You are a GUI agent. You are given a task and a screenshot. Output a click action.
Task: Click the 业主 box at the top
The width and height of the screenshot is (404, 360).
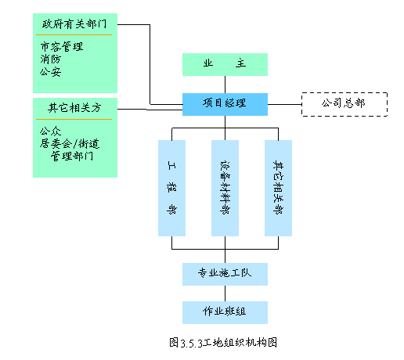[x=225, y=64]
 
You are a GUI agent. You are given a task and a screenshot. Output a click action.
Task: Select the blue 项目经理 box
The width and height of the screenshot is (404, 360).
[x=225, y=104]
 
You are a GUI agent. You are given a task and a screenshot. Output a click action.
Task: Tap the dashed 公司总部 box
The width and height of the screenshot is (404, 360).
[x=344, y=104]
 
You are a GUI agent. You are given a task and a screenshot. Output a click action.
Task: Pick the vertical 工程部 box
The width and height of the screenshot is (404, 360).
[x=171, y=188]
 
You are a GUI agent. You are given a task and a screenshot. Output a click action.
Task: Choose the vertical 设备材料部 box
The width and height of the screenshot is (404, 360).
[x=225, y=188]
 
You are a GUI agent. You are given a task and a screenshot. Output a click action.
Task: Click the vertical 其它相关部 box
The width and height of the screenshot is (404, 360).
[x=278, y=188]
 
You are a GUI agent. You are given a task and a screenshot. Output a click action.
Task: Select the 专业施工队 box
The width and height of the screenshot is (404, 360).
[x=225, y=274]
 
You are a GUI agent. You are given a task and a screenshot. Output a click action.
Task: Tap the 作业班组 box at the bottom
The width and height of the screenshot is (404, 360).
[x=225, y=312]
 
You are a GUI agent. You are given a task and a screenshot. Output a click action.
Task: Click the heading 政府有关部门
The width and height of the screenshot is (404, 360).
[x=74, y=24]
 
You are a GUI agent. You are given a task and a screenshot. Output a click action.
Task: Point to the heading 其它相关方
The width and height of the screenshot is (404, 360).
[x=74, y=108]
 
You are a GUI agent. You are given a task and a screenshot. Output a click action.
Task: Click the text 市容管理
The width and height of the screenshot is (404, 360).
[x=62, y=47]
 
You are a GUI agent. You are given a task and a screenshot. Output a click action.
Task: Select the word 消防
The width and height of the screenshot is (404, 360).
[x=51, y=59]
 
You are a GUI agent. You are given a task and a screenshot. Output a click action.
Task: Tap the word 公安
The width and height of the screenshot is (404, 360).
[x=51, y=71]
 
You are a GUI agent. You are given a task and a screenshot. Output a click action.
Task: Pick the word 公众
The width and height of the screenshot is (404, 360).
[x=51, y=131]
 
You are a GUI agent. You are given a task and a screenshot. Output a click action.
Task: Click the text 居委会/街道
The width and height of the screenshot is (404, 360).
[x=70, y=143]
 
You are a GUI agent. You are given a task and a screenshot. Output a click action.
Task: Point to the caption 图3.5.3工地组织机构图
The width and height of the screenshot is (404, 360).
[x=223, y=343]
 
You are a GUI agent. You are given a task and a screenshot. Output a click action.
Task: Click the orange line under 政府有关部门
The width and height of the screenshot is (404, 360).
[x=74, y=34]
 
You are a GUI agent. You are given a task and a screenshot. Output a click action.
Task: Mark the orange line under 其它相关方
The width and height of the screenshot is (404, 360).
[x=74, y=120]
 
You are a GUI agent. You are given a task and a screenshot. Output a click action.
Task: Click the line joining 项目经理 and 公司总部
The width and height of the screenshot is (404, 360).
[x=285, y=104]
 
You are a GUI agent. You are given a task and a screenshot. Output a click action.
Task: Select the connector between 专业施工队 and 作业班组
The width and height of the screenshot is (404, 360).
[x=225, y=293]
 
